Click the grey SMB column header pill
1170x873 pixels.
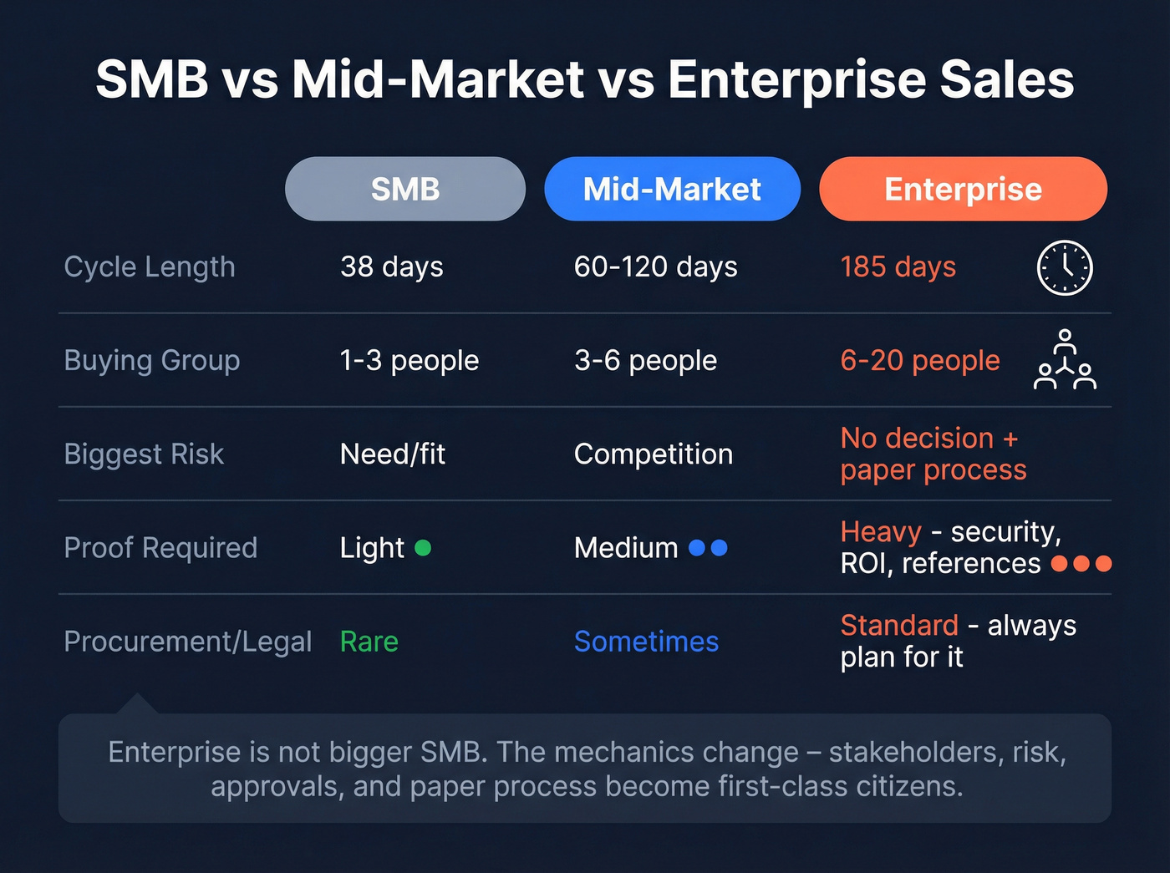(x=405, y=189)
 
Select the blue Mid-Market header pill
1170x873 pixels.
(x=672, y=189)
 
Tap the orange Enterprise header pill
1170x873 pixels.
(x=963, y=189)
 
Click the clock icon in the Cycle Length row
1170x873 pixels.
(x=1065, y=267)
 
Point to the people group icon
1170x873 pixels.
(x=1065, y=360)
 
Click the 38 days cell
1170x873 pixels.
(x=391, y=267)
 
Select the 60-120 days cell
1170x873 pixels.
(x=655, y=267)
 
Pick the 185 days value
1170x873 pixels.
(x=898, y=267)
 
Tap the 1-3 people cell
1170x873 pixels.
(x=409, y=361)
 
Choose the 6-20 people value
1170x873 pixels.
(x=919, y=361)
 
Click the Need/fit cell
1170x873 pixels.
(x=392, y=454)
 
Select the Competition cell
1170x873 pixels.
(x=653, y=454)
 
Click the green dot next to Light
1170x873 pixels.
(x=423, y=548)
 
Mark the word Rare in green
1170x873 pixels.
(x=369, y=642)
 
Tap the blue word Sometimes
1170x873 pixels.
(x=646, y=642)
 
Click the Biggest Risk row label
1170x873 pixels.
(x=144, y=454)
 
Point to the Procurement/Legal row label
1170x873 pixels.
(x=187, y=642)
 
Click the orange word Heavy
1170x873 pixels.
(x=880, y=531)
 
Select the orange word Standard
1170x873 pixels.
(x=899, y=625)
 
